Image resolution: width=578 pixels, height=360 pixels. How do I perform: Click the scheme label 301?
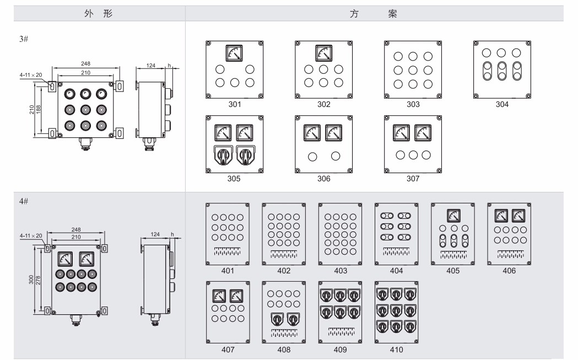tap(234, 104)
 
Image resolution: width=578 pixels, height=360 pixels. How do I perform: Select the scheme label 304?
tap(502, 104)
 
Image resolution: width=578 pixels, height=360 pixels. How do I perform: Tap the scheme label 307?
tap(413, 178)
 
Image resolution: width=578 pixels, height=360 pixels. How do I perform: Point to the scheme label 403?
tap(341, 270)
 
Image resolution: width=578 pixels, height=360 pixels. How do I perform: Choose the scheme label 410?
tap(396, 349)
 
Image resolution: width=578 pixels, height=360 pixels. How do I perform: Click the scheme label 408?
tap(284, 349)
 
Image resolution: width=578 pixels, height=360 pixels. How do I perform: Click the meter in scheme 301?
tap(234, 53)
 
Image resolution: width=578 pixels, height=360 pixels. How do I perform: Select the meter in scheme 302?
tap(323, 53)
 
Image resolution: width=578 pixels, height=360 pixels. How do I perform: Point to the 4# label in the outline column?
tap(24, 202)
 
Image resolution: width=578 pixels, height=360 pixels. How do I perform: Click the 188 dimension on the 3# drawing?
tap(39, 110)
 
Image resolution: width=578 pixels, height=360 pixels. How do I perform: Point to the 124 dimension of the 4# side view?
tap(155, 234)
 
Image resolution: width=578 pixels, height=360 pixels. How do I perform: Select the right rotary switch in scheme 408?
tap(292, 319)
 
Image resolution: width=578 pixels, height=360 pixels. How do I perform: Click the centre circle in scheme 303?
tap(413, 70)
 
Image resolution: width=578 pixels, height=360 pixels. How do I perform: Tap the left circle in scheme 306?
tap(313, 156)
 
